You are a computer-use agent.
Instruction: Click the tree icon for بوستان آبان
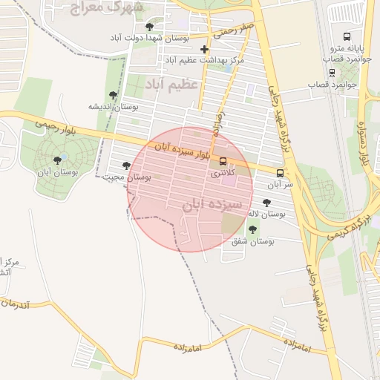click(x=57, y=160)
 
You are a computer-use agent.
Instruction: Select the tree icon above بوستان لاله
click(x=266, y=202)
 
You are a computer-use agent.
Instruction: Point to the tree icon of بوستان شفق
click(x=253, y=229)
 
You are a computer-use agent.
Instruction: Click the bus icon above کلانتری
click(x=223, y=161)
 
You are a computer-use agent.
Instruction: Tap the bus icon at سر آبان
click(x=280, y=172)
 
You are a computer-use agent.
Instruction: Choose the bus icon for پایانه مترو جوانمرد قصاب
click(x=347, y=36)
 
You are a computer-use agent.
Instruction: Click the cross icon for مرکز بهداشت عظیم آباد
click(x=205, y=49)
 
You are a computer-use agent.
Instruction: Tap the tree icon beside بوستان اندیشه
click(x=113, y=95)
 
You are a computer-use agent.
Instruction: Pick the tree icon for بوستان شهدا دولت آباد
click(x=150, y=26)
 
